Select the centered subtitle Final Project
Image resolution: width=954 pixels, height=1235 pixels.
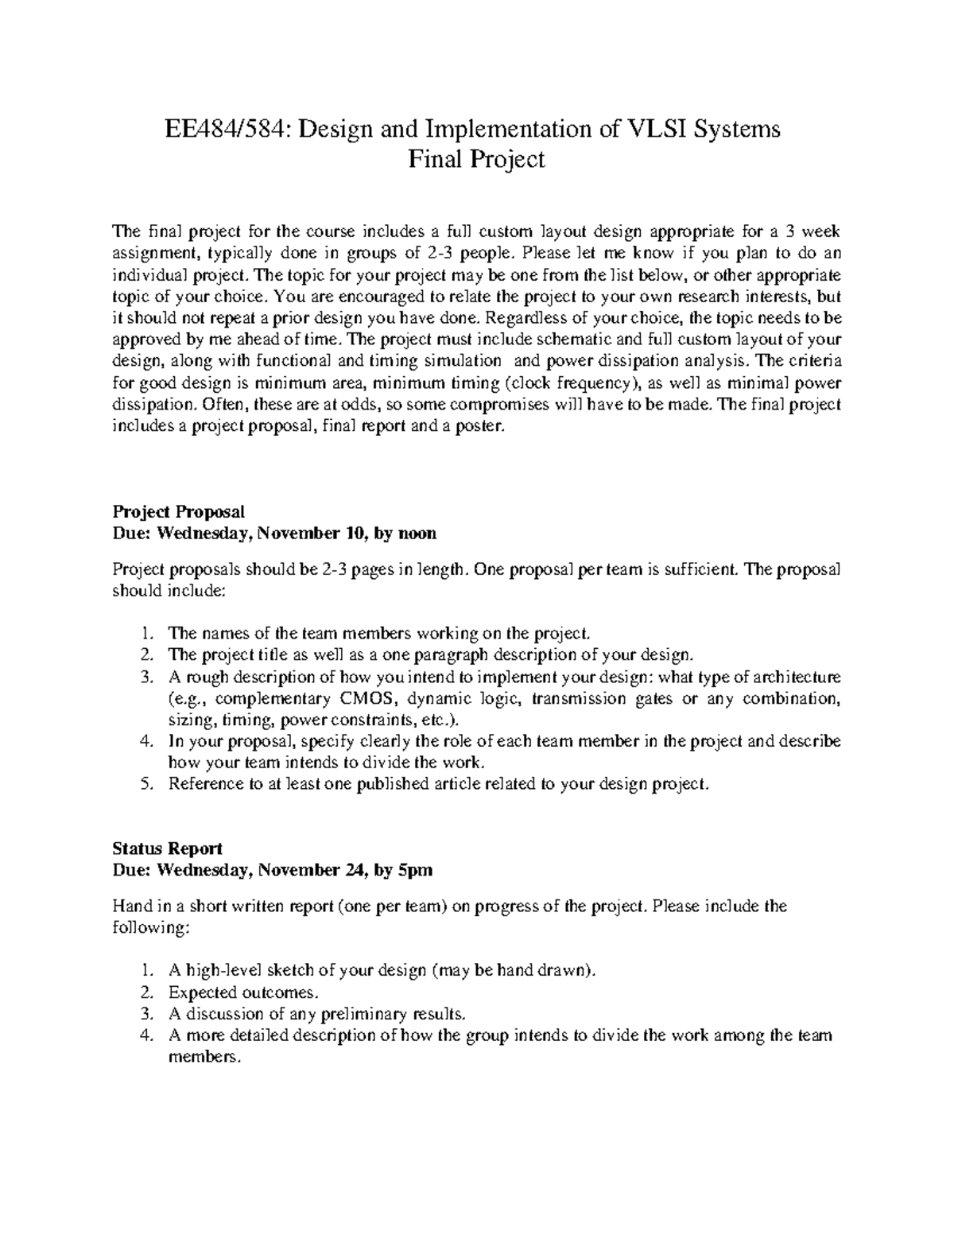point(476,159)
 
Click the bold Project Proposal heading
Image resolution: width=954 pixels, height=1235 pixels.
point(179,511)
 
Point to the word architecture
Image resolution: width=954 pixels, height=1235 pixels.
point(796,678)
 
